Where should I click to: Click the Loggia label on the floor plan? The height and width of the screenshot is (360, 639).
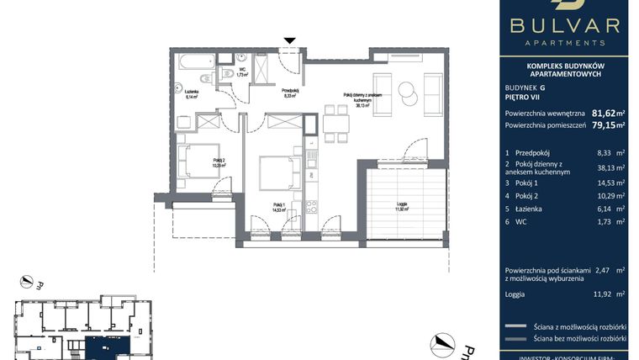[402, 207]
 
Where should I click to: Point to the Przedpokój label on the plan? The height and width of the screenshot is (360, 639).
[290, 93]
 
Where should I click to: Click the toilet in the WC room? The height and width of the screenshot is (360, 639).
[227, 75]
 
